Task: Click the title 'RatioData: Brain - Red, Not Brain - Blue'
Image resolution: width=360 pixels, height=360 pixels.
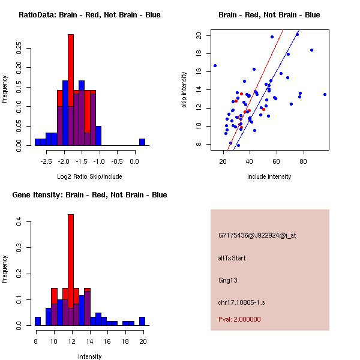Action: click(89, 15)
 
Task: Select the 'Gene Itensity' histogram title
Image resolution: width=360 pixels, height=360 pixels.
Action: click(89, 195)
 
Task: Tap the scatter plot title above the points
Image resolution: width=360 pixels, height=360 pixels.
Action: click(269, 15)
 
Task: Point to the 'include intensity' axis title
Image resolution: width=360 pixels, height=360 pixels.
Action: click(269, 176)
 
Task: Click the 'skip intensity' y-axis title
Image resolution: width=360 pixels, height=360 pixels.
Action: click(185, 90)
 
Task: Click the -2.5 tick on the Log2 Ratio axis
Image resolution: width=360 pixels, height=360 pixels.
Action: click(46, 161)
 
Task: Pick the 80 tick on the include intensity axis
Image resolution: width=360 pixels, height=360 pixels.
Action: click(303, 161)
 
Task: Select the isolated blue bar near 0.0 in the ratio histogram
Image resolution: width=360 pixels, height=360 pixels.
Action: click(142, 142)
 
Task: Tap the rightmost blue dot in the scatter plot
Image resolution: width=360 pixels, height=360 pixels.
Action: click(325, 94)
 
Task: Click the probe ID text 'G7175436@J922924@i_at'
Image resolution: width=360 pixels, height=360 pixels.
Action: click(257, 235)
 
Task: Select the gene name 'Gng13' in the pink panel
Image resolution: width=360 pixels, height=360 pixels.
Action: click(228, 280)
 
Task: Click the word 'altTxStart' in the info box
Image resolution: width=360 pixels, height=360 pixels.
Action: click(232, 258)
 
